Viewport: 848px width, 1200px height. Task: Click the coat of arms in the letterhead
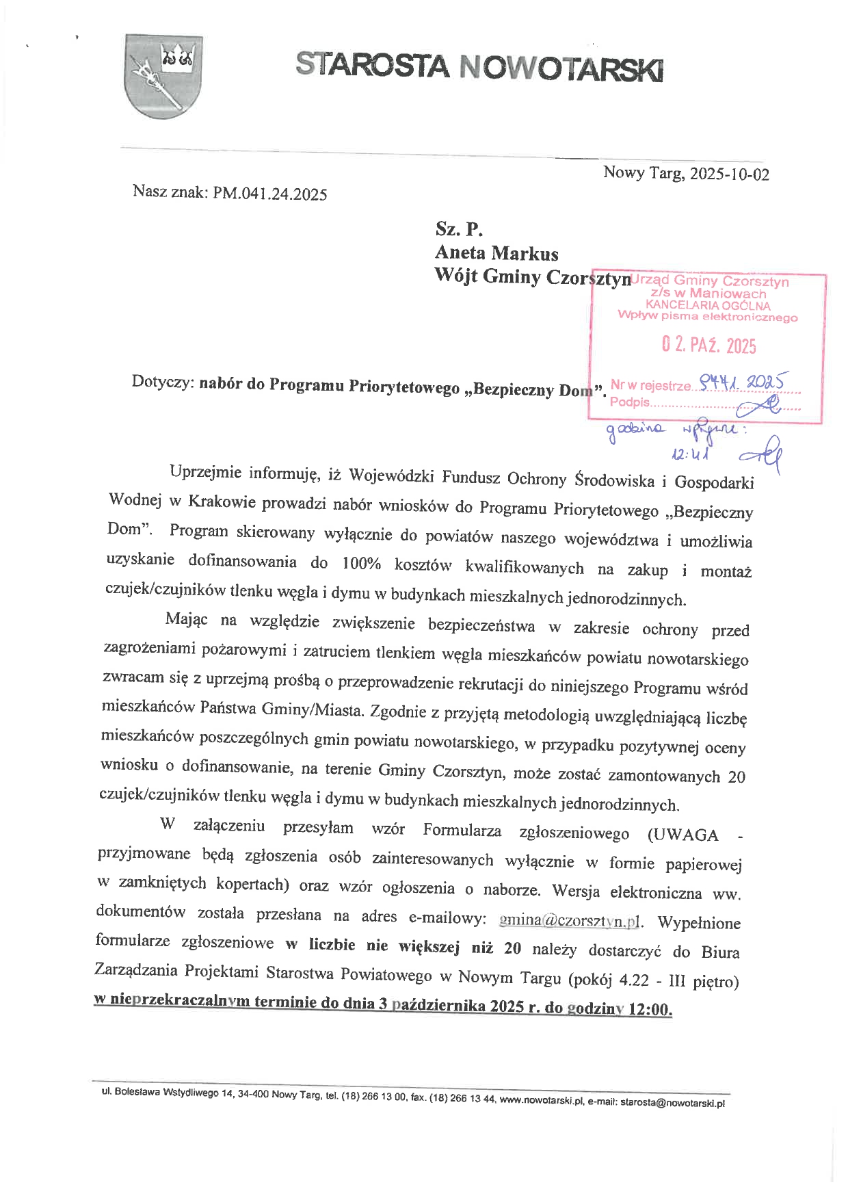pos(163,75)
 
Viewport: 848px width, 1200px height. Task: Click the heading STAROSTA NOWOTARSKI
pos(479,67)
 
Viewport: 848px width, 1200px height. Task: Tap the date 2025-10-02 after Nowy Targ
pos(730,174)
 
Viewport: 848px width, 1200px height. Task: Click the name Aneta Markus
pos(496,253)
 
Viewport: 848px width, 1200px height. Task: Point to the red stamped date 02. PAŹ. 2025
pos(708,345)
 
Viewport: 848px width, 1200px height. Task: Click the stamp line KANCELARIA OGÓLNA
pos(708,305)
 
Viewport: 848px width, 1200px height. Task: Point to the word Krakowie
pos(222,501)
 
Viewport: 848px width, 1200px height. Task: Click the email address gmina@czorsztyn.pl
pos(571,920)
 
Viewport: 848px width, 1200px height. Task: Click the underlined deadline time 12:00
pos(649,1010)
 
